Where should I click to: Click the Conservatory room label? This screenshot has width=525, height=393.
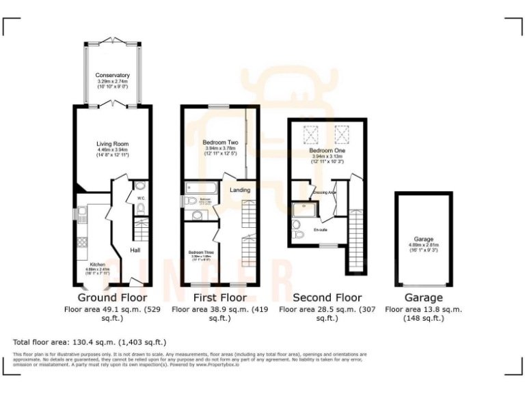click(113, 75)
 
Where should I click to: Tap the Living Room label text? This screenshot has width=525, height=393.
click(112, 144)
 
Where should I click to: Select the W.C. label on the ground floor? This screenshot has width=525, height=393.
click(139, 199)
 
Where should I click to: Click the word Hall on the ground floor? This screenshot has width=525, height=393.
click(135, 250)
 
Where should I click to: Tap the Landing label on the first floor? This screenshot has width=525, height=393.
click(240, 190)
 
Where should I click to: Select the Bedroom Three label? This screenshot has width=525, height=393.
click(201, 252)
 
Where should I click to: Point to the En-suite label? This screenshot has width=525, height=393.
click(320, 230)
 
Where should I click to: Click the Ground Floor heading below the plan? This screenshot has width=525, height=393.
click(113, 297)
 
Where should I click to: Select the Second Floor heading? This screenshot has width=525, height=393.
click(327, 297)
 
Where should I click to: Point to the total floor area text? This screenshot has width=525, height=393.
click(90, 342)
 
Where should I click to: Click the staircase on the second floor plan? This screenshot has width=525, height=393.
click(355, 239)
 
